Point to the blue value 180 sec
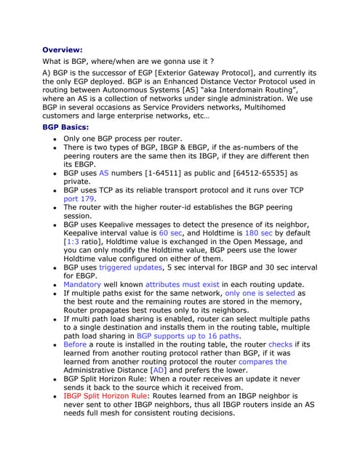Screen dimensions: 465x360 [x=259, y=234]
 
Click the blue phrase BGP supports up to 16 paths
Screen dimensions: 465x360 [x=188, y=336]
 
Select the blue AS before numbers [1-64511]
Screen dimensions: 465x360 [x=104, y=174]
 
